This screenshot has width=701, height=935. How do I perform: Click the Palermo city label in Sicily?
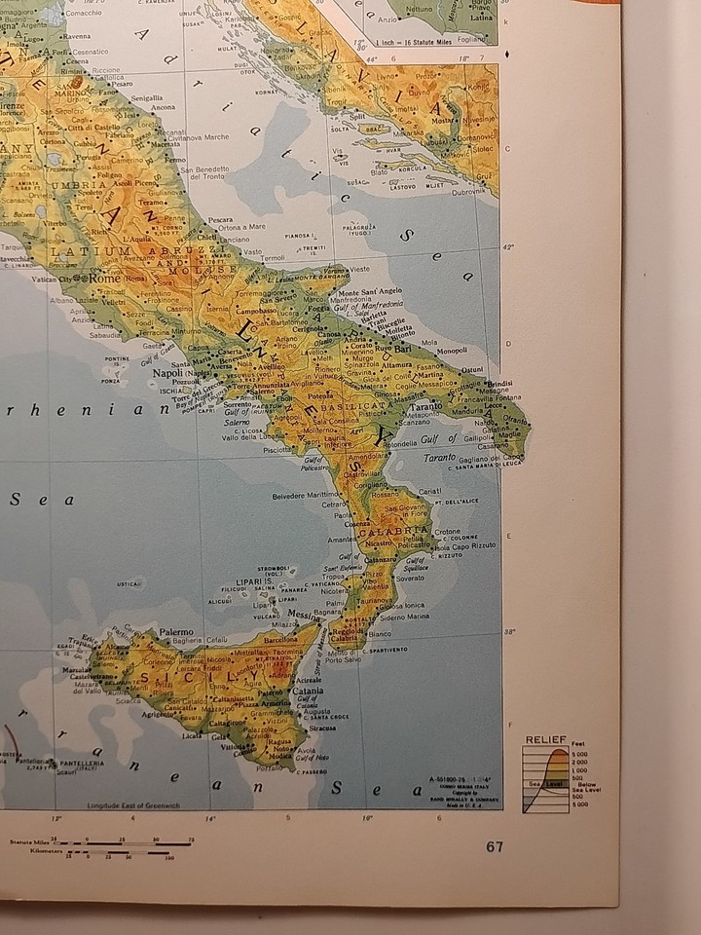(177, 631)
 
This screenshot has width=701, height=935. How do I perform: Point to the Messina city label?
(303, 616)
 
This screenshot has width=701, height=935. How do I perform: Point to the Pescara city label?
(220, 219)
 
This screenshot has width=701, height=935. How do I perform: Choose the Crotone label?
(447, 532)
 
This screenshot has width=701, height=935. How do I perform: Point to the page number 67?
(496, 845)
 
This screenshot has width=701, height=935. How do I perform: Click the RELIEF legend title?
(545, 740)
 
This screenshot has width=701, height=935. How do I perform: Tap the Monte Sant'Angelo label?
(370, 291)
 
